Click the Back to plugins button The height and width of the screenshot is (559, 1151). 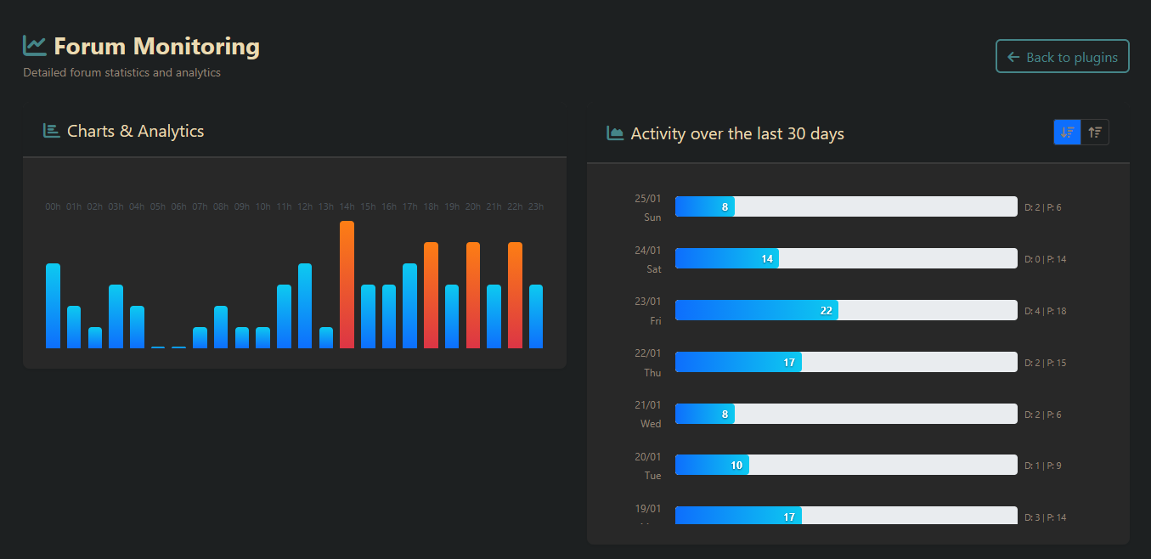click(1062, 57)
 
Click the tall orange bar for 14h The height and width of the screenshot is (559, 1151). click(347, 285)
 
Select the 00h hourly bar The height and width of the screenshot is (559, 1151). click(53, 306)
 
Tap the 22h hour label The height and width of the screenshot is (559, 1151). click(515, 206)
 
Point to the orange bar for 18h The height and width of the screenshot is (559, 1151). click(431, 295)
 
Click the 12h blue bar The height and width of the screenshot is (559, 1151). click(305, 306)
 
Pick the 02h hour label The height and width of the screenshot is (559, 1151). click(95, 206)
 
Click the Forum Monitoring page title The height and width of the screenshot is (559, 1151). click(156, 46)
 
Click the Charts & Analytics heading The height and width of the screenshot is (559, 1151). click(135, 131)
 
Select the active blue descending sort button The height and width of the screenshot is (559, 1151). click(1068, 132)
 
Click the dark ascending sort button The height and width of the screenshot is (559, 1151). click(1095, 132)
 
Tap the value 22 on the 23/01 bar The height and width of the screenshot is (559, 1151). click(826, 311)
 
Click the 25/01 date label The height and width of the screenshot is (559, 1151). click(647, 199)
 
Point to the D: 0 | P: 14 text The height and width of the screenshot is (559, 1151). click(1045, 259)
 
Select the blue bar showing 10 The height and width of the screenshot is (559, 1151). click(712, 466)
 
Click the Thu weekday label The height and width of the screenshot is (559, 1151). click(652, 373)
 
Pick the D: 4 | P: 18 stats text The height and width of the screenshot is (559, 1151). click(1045, 311)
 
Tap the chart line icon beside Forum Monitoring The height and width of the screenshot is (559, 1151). click(35, 45)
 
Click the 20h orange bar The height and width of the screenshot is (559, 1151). click(473, 295)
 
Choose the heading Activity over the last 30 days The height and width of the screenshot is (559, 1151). click(737, 133)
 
